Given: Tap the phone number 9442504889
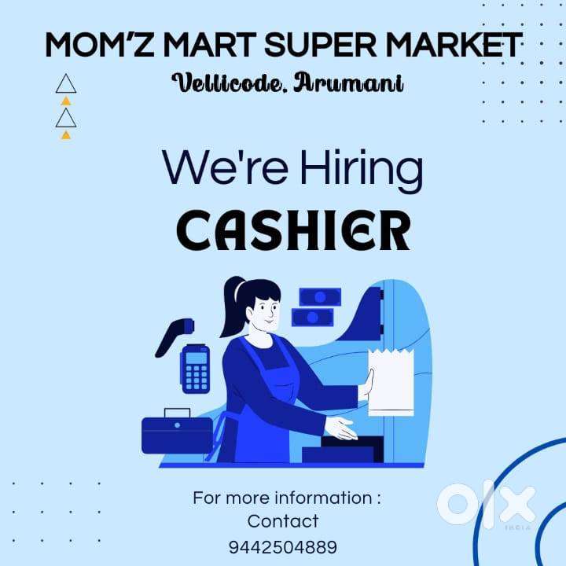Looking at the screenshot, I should click(x=283, y=546).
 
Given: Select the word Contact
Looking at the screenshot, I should click(x=283, y=521).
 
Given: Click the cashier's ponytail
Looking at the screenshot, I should click(x=231, y=307).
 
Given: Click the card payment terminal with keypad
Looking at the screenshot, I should click(x=196, y=368).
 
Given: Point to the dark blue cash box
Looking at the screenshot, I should click(x=176, y=432).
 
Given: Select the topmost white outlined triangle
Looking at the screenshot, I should click(x=67, y=84).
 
